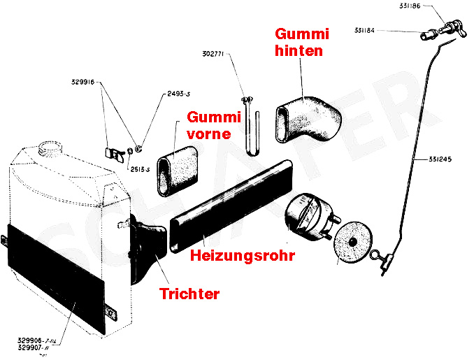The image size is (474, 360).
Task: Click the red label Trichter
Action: click(189, 294)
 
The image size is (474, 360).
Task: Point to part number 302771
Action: click(213, 52)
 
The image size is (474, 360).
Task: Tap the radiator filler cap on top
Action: click(51, 148)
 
